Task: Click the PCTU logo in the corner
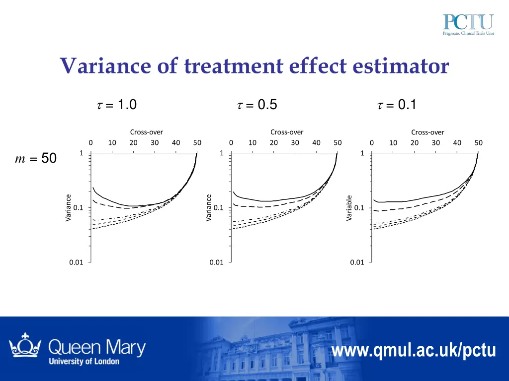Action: pos(468,25)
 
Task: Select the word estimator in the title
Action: pos(402,66)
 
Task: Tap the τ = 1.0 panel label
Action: pos(115,105)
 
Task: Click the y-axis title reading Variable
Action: pos(349,208)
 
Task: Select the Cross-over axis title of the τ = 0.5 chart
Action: pos(287,132)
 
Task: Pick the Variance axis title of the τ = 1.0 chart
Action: pos(69,208)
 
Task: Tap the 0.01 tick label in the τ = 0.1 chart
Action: pos(357,262)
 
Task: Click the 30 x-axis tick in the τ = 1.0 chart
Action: pos(155,143)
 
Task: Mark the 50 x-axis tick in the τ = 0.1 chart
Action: pos(478,143)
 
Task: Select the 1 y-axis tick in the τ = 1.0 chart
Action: pos(81,153)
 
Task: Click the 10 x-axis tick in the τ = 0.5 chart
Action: pos(253,143)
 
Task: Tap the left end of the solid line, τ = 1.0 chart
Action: pos(93,188)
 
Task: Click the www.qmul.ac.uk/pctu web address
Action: pos(414,351)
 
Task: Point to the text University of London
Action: pos(84,361)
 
